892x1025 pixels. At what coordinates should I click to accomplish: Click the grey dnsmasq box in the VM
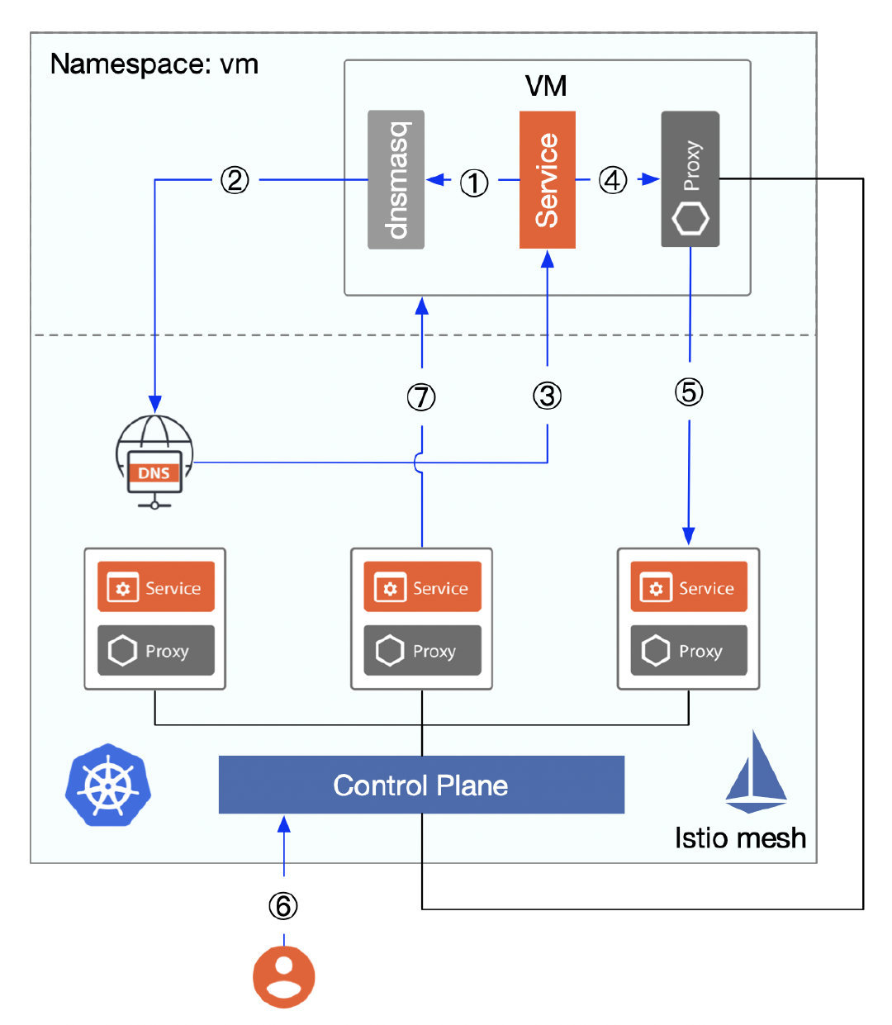(x=396, y=179)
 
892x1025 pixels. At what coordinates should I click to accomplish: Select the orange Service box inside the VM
(x=547, y=179)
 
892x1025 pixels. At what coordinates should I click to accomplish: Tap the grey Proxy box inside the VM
(x=690, y=179)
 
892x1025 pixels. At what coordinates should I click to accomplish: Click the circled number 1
(x=474, y=183)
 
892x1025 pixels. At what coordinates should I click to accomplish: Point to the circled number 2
(x=235, y=179)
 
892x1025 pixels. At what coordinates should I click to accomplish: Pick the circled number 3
(x=547, y=396)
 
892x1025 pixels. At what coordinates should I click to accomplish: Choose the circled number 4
(x=613, y=179)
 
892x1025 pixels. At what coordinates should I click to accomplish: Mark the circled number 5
(x=689, y=391)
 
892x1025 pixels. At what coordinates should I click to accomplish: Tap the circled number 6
(x=283, y=906)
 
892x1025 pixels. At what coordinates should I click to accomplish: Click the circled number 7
(x=421, y=397)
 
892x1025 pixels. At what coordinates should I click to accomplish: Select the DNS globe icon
(x=154, y=461)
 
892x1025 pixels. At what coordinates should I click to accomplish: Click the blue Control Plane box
(x=421, y=785)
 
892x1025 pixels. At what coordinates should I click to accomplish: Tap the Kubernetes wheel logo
(x=108, y=785)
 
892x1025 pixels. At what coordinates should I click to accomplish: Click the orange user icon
(x=283, y=977)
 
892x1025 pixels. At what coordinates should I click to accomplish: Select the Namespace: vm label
(x=154, y=64)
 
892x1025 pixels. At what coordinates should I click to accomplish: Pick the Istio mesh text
(x=740, y=838)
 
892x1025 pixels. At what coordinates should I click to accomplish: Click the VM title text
(x=546, y=86)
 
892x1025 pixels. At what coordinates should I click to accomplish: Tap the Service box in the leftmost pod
(x=156, y=587)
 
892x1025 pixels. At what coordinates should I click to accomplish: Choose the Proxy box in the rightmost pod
(x=689, y=651)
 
